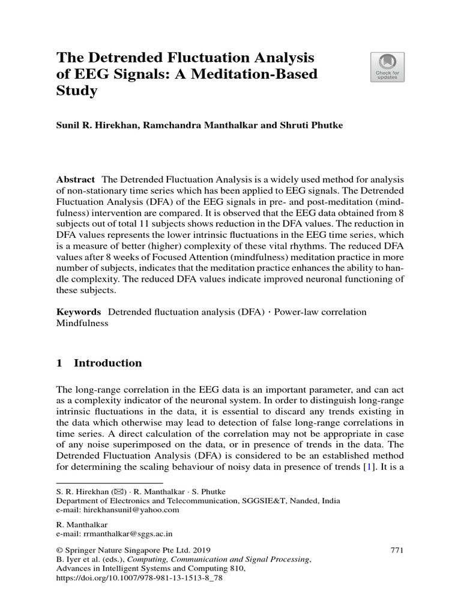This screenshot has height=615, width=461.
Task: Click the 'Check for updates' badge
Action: [387, 67]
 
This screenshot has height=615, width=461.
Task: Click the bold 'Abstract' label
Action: [76, 180]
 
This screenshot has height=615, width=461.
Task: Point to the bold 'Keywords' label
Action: [78, 312]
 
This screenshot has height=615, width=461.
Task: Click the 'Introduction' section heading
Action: [107, 363]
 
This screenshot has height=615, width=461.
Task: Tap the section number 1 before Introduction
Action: [59, 363]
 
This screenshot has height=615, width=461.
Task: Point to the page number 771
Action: [397, 550]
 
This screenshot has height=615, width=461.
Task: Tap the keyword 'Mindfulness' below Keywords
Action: [82, 323]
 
